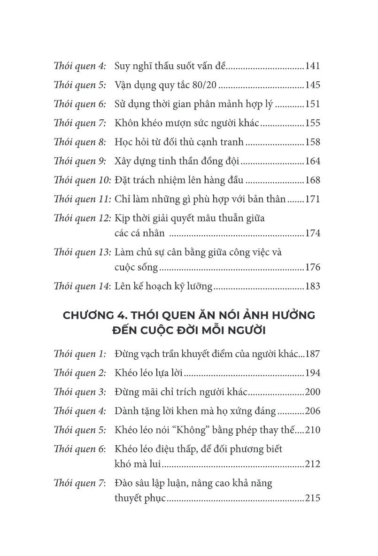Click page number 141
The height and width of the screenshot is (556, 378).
tap(312, 66)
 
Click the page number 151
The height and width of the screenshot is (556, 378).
tap(312, 104)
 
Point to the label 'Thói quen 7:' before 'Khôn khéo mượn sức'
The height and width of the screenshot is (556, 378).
tap(80, 124)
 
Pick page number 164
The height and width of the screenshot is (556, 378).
tap(312, 162)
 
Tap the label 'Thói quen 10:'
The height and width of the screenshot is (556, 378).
tap(83, 180)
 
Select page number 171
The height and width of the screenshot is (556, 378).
tap(312, 200)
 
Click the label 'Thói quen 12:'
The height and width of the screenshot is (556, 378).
tap(83, 218)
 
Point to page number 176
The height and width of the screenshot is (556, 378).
tap(312, 268)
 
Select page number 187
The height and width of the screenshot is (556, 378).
tap(312, 354)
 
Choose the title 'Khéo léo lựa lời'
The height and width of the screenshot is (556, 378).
tap(148, 373)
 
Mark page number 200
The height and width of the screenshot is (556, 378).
tap(312, 392)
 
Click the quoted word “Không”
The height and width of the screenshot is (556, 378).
tap(205, 430)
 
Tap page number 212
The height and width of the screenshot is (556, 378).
tap(312, 464)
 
